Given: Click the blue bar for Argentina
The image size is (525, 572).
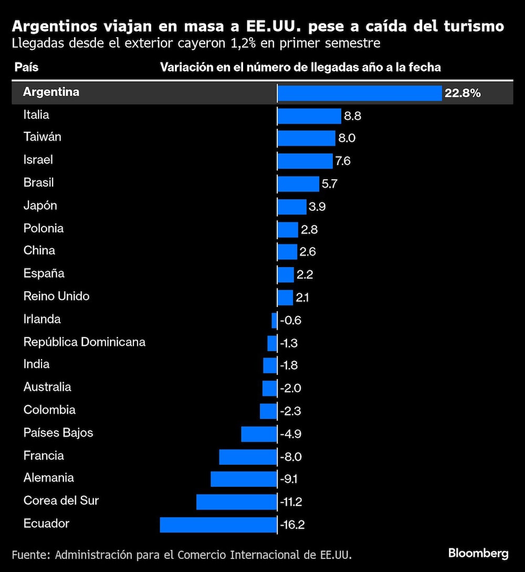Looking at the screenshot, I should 360,94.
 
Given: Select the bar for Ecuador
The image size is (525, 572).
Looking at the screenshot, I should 218,525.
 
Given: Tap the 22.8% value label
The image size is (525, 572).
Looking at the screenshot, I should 463,94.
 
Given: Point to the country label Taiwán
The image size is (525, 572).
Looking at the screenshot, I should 43,137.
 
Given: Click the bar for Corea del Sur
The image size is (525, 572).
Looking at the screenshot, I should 237,502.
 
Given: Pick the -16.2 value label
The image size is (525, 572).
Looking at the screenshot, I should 292,525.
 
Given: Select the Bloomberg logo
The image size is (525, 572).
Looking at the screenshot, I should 478,554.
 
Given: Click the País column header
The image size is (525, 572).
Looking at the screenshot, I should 26,67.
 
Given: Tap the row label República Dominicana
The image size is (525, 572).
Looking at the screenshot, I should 85,342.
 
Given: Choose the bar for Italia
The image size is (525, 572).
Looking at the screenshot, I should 309,116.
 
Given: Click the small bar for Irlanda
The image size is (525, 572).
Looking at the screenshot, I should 274,320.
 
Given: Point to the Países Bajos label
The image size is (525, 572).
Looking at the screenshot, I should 58,433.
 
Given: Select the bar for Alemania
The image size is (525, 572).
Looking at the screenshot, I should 244,479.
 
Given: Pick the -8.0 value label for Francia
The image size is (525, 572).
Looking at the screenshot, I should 291,456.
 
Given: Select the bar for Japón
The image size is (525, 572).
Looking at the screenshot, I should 292,207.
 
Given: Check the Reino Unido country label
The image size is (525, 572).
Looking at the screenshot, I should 57,297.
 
